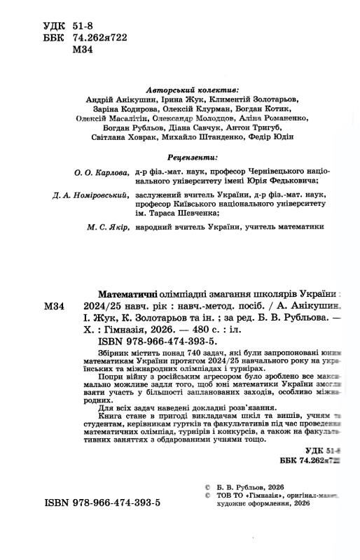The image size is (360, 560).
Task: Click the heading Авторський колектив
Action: tap(194, 90)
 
